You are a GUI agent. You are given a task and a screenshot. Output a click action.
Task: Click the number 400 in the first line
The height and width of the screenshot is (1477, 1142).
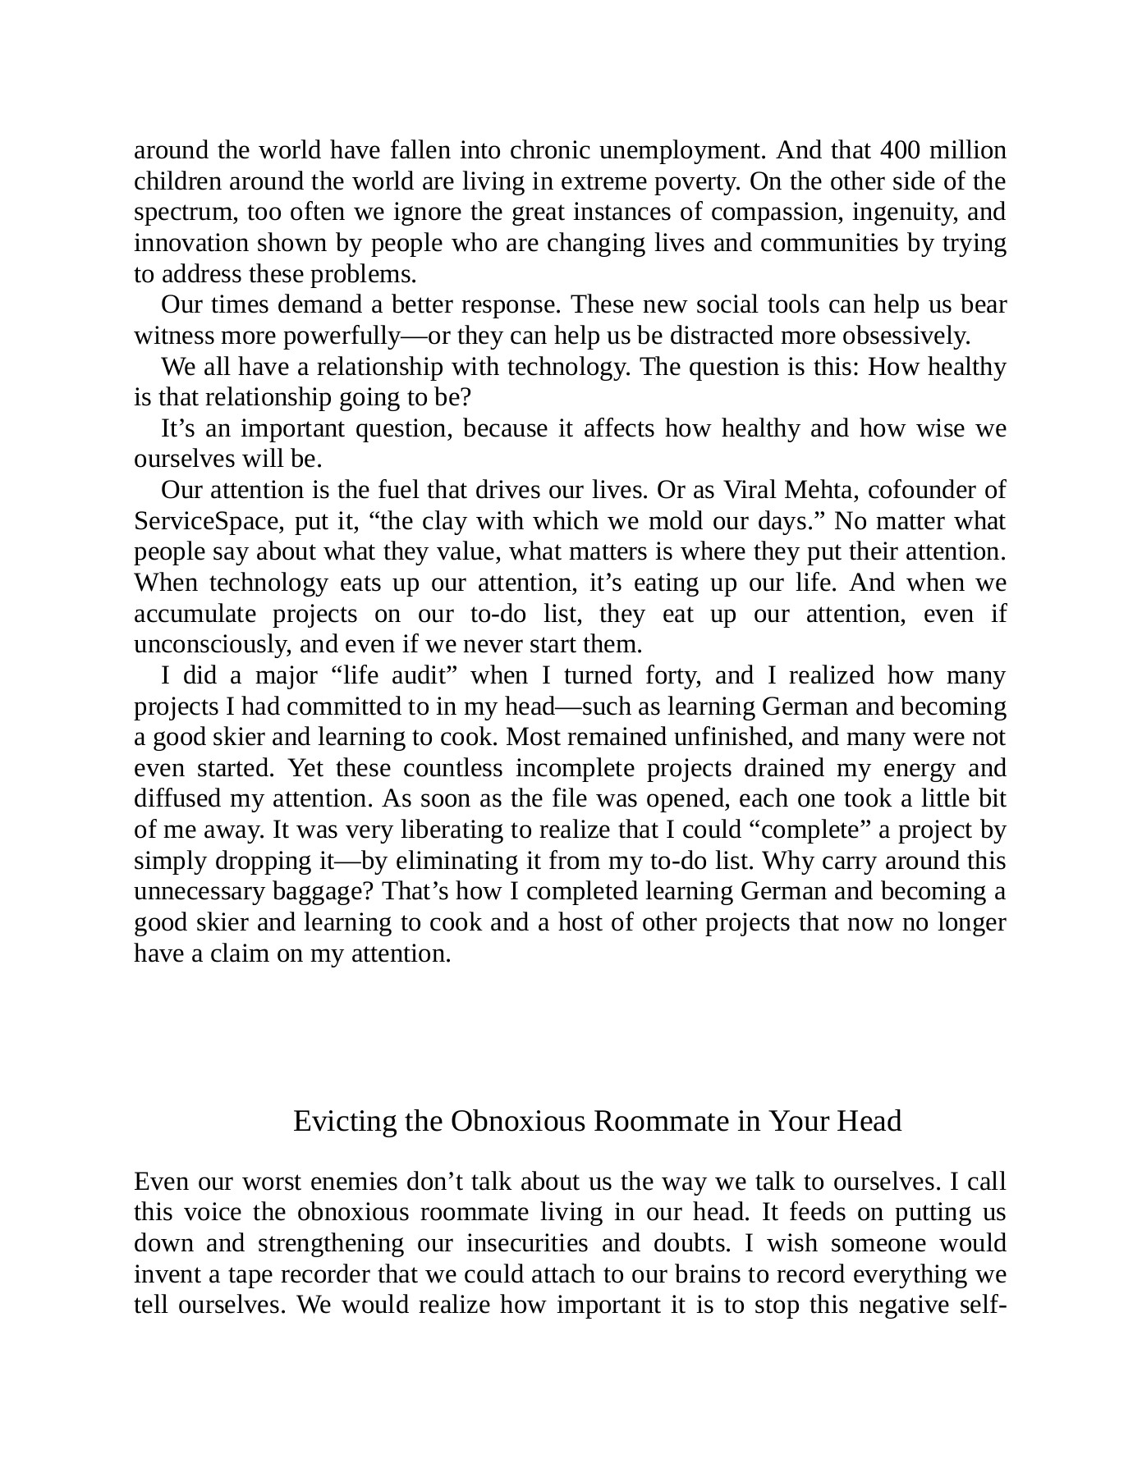point(901,151)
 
